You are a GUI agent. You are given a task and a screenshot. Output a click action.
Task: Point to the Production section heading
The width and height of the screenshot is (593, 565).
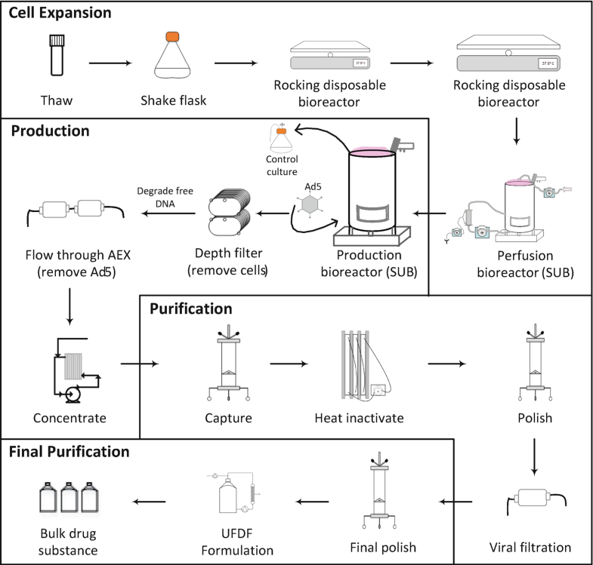click(50, 131)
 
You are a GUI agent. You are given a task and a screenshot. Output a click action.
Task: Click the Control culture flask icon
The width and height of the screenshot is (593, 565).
click(281, 139)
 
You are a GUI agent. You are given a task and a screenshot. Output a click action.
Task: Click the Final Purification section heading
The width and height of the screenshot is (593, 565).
click(69, 453)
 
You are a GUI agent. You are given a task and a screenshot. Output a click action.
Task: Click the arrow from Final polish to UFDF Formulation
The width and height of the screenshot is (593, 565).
click(312, 499)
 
